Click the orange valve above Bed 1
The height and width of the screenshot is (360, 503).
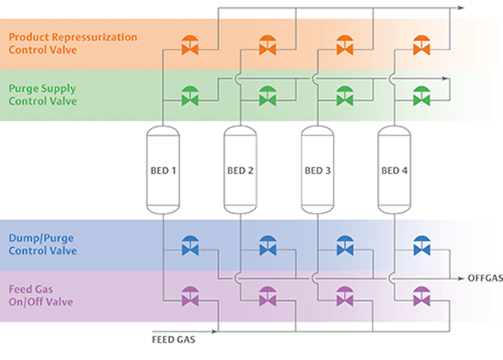point(190,45)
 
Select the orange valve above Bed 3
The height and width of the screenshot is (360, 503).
point(344,45)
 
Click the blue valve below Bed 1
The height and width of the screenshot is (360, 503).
point(190,246)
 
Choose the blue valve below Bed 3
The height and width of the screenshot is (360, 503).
point(344,246)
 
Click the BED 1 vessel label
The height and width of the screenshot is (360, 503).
point(163,171)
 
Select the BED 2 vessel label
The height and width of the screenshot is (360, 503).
point(240,171)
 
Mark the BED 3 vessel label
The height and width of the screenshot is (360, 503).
point(317,171)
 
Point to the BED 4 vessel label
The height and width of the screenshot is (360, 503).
point(394,171)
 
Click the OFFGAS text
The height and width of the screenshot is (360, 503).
point(485,278)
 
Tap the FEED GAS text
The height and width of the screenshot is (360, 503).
point(173,340)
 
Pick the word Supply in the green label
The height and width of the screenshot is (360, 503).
point(58,89)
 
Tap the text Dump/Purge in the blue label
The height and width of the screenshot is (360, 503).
point(41,238)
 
